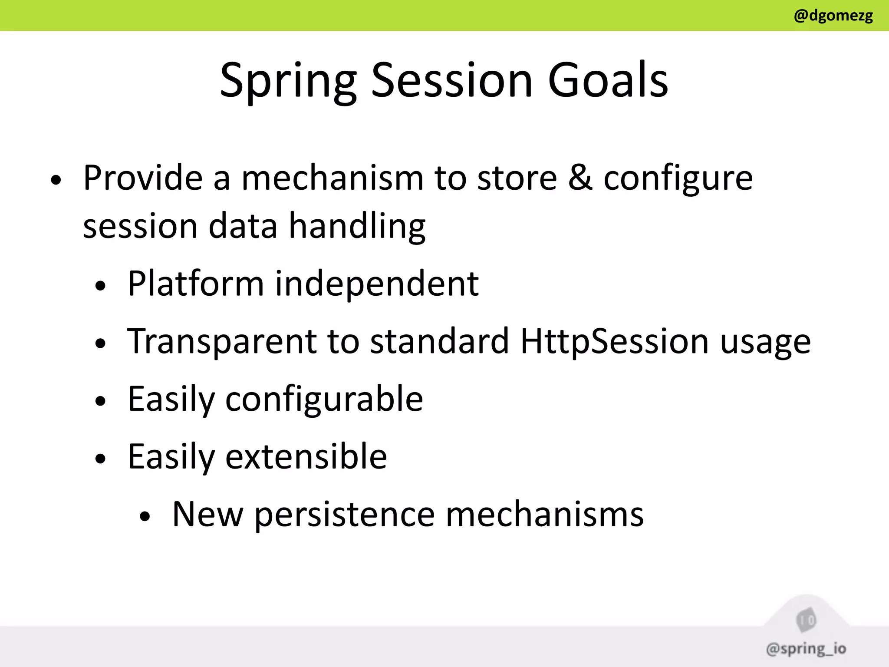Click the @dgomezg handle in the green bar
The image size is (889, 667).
coord(833,16)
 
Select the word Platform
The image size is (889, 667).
coord(196,284)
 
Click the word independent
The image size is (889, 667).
coord(377,284)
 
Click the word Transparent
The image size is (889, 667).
coord(221,341)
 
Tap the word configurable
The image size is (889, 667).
coord(324,399)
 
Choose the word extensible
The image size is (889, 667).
coord(306,456)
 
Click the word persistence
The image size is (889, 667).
coord(345,515)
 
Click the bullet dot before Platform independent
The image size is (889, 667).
coord(101,286)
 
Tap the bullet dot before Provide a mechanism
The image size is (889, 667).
coord(56,180)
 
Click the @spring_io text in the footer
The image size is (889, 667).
coord(806,649)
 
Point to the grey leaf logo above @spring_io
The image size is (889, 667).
coord(806,620)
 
